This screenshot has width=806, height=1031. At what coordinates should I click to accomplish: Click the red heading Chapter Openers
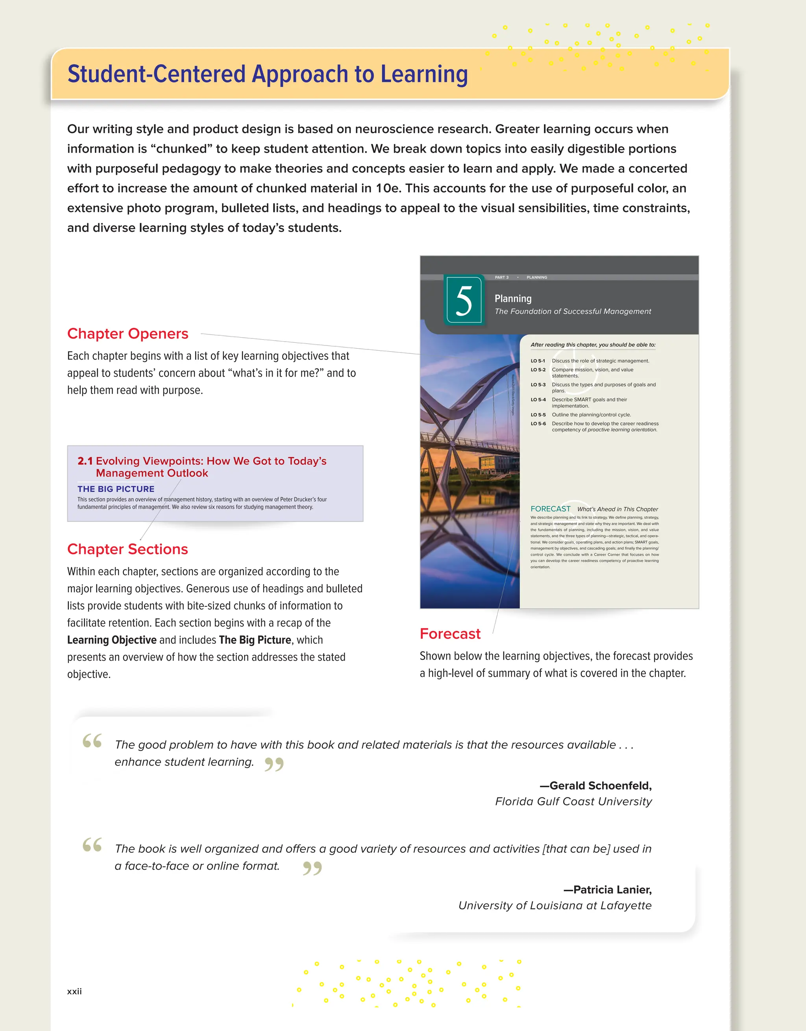[128, 334]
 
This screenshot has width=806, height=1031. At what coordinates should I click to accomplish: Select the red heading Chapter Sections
[128, 549]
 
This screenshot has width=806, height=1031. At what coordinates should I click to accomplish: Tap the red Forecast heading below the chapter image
[449, 634]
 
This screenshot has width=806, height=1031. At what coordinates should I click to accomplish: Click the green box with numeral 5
[464, 300]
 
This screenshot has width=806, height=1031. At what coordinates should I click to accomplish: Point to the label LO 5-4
[538, 400]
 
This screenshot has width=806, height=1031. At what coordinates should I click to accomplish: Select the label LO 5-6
[538, 424]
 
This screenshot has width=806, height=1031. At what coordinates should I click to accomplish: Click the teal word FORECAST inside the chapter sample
[550, 509]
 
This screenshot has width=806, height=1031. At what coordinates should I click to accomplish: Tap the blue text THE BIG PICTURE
[116, 489]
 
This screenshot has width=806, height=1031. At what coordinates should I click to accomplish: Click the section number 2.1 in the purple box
[85, 461]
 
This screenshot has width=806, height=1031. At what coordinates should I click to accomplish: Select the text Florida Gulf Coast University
[573, 802]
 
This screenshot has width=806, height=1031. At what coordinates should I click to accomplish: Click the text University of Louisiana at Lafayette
[555, 905]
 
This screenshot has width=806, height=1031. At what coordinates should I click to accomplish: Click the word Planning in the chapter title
[513, 299]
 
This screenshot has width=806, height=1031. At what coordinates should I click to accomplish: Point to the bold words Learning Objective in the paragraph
[111, 640]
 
